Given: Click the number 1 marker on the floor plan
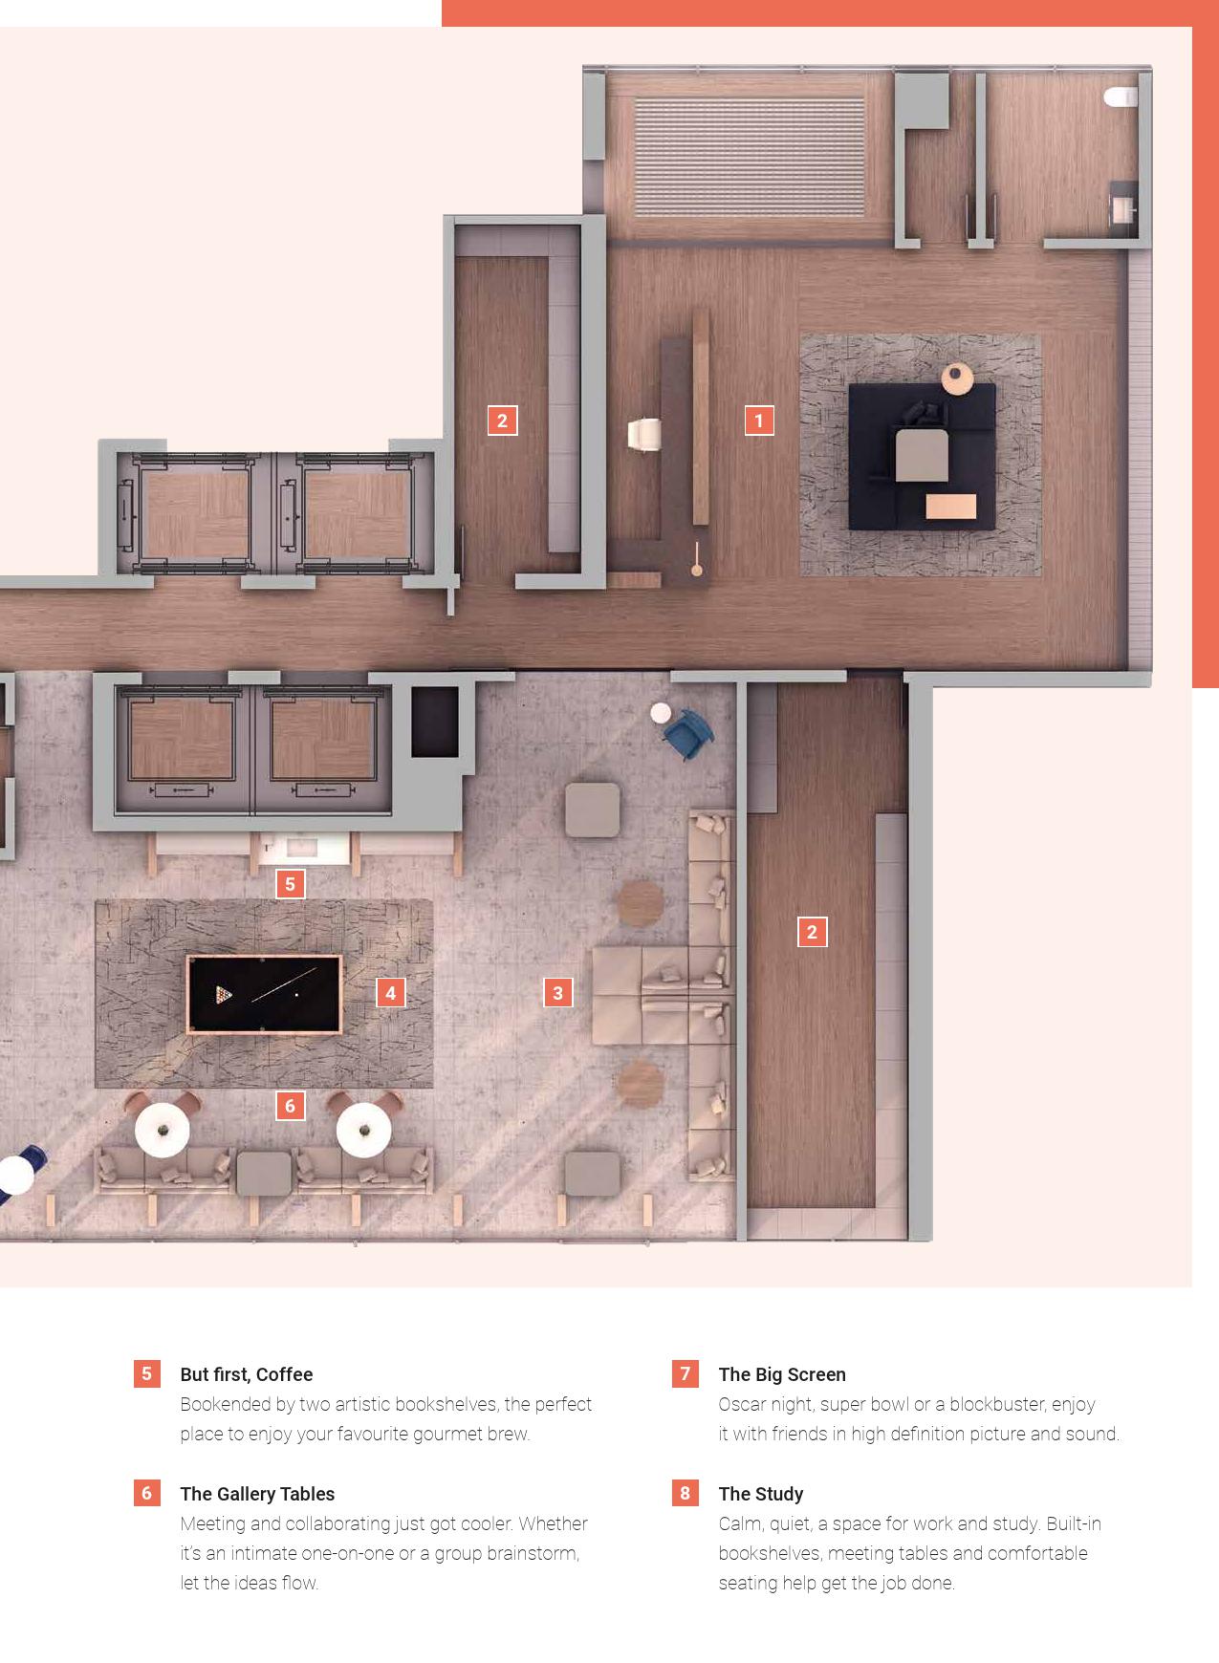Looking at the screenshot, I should click(759, 421).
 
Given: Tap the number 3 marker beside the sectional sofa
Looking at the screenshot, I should click(558, 993).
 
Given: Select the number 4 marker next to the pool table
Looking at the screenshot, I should click(390, 993).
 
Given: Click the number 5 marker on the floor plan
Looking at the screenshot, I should click(291, 884).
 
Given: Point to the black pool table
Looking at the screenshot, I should click(264, 994).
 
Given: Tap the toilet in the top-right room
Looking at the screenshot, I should click(1121, 97).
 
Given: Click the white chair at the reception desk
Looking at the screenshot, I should click(643, 434).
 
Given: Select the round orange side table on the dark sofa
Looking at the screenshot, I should click(957, 378).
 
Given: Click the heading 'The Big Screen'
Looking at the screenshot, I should click(782, 1374).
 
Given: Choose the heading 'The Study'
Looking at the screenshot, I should click(760, 1494).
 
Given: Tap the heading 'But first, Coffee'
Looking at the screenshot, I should click(246, 1374).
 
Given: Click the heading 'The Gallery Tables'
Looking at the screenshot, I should click(257, 1494).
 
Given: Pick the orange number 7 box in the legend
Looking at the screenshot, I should click(685, 1374).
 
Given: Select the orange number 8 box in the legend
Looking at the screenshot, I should click(685, 1493).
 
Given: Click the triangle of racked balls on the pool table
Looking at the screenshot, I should click(224, 995).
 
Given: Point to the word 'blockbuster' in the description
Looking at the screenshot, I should click(997, 1404).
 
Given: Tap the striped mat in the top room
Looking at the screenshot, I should click(750, 157).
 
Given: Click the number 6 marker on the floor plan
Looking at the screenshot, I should click(291, 1106).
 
